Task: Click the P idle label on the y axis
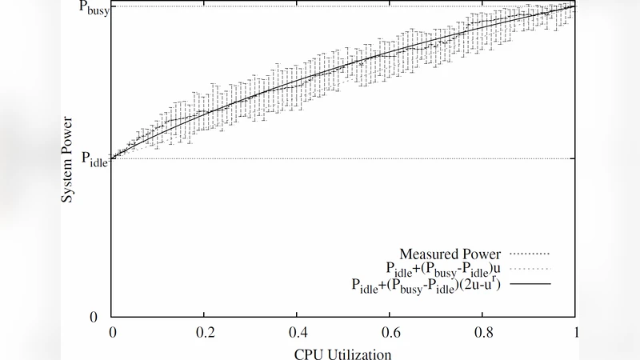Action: coord(94,158)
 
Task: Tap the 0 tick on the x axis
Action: coord(112,330)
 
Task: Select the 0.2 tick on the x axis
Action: coord(205,330)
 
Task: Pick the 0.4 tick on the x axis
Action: coord(298,330)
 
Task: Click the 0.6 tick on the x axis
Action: coord(390,330)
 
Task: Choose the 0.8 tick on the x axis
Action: coord(483,330)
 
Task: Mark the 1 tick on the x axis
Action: coord(575,330)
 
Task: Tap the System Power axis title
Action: coord(70,159)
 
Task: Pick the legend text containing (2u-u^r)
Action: coord(426,284)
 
